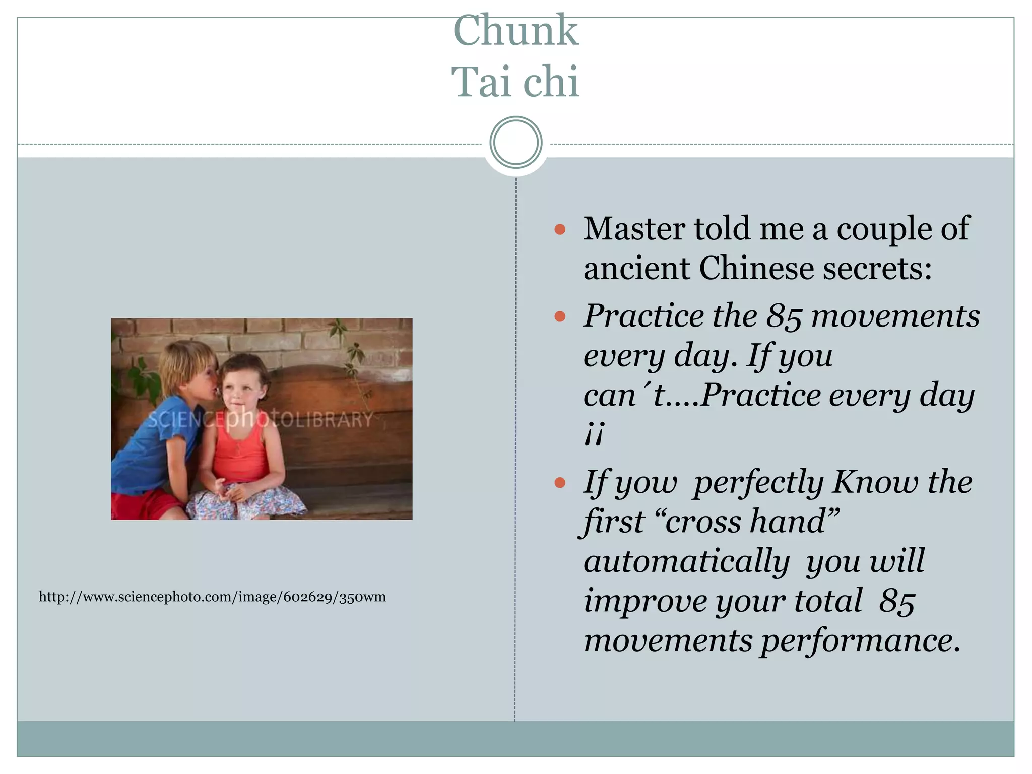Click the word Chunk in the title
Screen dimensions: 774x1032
(515, 31)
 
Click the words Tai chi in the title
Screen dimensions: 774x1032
(515, 82)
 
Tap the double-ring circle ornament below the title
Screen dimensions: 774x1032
(515, 143)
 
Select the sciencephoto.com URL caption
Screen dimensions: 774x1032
(212, 597)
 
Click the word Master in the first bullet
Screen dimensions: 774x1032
(634, 229)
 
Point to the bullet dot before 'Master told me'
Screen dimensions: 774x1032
(560, 230)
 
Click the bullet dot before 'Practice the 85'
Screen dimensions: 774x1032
(560, 316)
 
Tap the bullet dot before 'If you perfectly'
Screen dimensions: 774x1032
(560, 483)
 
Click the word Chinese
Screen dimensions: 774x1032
(756, 268)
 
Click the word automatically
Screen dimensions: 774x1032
(686, 561)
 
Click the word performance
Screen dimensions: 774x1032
(860, 641)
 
